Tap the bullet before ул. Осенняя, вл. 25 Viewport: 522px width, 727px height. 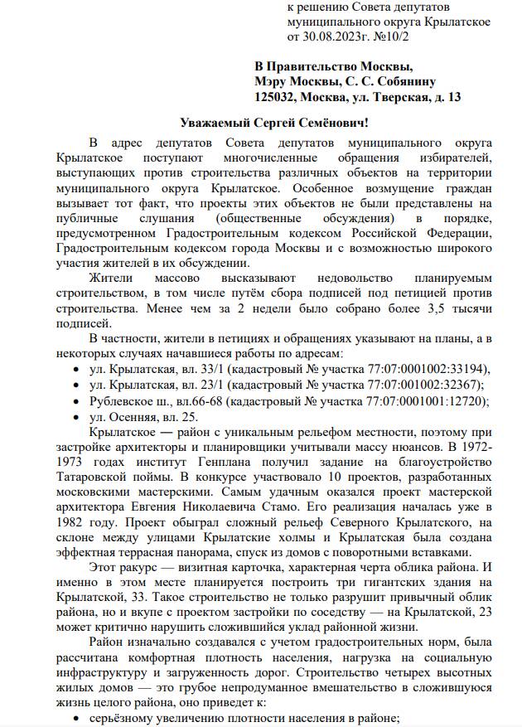click(x=77, y=418)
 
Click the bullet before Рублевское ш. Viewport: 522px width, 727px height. click(x=77, y=401)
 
